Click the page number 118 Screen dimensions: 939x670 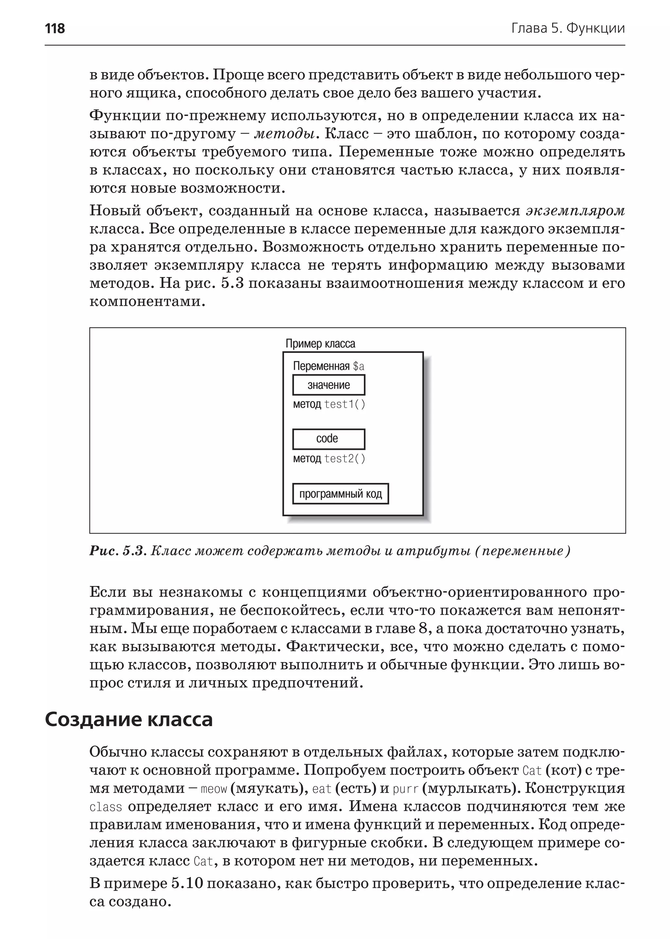coord(55,28)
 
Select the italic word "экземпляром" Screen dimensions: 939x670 coord(575,211)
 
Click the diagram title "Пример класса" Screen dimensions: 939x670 coord(320,343)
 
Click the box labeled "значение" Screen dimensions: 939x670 coord(328,385)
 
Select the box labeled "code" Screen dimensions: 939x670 coord(328,439)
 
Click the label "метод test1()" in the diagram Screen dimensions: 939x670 coord(329,404)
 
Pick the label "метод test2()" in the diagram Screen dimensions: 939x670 coord(329,459)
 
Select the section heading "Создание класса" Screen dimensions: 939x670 coord(128,720)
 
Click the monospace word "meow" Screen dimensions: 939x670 coord(214,789)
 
